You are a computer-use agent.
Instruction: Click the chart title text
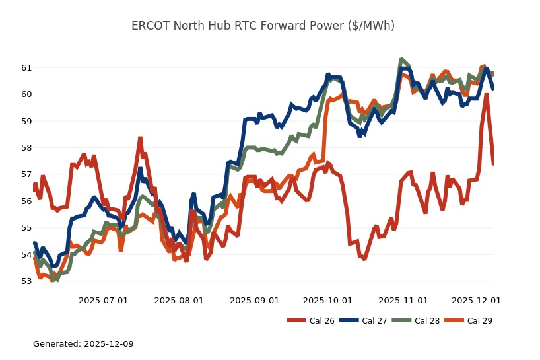(x=263, y=26)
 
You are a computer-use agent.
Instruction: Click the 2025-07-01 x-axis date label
(x=103, y=300)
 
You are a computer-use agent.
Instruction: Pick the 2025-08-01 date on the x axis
(x=179, y=300)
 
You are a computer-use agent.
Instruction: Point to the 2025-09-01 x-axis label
(x=254, y=300)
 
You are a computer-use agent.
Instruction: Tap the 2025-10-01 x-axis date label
(x=327, y=300)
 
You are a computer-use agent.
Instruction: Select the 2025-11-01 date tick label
(x=403, y=300)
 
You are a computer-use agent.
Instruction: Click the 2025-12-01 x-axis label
(x=476, y=300)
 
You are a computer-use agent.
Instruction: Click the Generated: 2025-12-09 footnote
(x=83, y=344)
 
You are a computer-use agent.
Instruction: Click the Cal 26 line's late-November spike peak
(x=487, y=94)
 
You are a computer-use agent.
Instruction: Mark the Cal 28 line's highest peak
(x=401, y=59)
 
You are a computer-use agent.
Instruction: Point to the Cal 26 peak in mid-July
(x=140, y=138)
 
